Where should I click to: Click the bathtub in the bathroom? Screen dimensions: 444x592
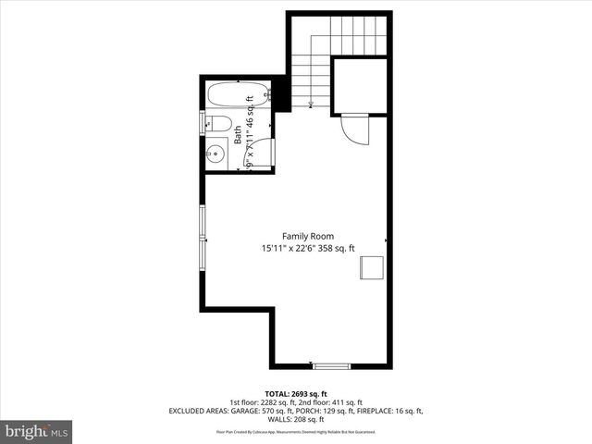(238, 94)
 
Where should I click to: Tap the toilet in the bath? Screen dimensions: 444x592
(218, 124)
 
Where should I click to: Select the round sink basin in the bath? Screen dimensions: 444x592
(217, 154)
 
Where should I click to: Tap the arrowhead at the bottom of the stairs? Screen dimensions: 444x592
(311, 105)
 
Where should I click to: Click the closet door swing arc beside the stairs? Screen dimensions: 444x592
(356, 129)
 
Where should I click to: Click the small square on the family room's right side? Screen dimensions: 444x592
(372, 266)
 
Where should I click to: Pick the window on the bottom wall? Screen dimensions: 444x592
(330, 366)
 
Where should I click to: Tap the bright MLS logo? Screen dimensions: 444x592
(37, 431)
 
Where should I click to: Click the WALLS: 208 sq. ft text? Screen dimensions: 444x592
(296, 419)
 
